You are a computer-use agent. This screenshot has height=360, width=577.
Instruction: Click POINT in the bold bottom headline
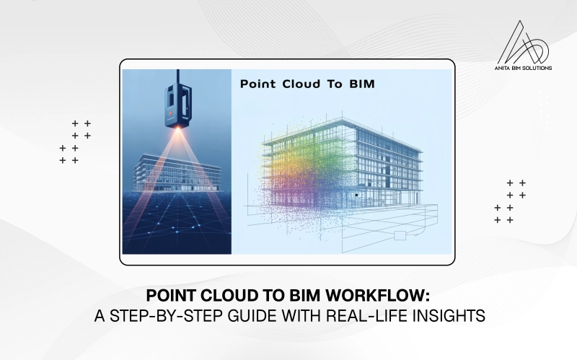click(x=170, y=297)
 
